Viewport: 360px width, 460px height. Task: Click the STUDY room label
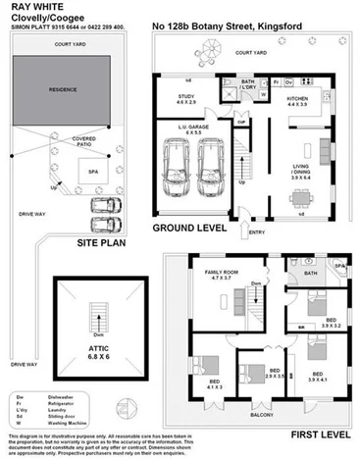[185, 98]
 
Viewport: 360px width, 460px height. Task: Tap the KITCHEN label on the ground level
[297, 99]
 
